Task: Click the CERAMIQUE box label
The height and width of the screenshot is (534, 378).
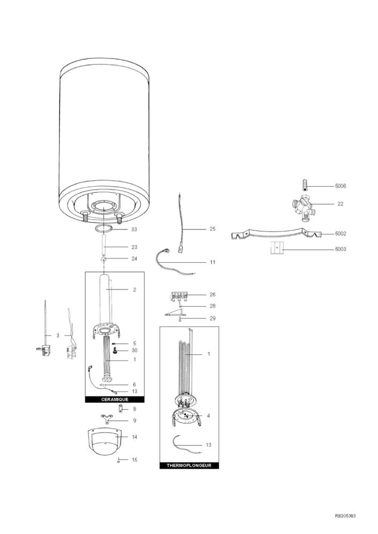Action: (x=115, y=399)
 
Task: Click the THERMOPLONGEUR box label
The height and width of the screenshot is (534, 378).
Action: (x=189, y=465)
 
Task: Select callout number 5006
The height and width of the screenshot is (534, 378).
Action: (x=340, y=186)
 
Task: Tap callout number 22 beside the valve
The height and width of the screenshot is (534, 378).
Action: (x=340, y=204)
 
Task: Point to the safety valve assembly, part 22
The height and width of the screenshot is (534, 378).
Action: (x=302, y=207)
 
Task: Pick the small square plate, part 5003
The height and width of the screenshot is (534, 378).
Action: (x=277, y=248)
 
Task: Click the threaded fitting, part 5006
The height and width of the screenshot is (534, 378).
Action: (x=305, y=184)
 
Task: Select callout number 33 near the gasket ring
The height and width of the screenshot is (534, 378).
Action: (x=134, y=229)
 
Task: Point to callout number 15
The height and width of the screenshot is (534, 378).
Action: (x=135, y=460)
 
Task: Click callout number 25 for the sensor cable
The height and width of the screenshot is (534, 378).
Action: (x=212, y=228)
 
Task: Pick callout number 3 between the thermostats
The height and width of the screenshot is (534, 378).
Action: (x=58, y=335)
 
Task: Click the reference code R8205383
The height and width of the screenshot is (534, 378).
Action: (x=345, y=516)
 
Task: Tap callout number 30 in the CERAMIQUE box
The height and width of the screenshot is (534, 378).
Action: (x=135, y=350)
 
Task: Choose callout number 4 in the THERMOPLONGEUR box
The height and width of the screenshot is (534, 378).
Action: (x=209, y=416)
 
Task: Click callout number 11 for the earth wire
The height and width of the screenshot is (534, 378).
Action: (x=212, y=262)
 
